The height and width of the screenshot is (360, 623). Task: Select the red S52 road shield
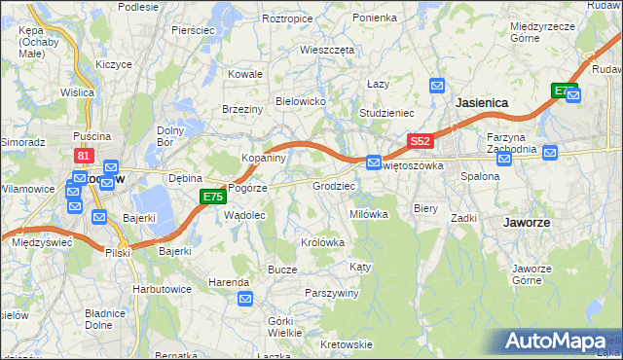[x=420, y=141]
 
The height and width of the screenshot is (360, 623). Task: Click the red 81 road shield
[x=84, y=156]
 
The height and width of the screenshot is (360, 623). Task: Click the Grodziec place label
[x=333, y=185]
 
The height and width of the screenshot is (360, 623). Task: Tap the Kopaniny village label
[x=263, y=158]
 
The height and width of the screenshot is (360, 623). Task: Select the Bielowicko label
[x=300, y=101]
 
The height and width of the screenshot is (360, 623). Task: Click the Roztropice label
[x=287, y=18]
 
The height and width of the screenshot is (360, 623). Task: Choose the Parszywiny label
[x=333, y=293]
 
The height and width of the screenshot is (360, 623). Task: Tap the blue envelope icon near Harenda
[x=244, y=299]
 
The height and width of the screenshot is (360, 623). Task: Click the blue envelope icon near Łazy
[x=437, y=87]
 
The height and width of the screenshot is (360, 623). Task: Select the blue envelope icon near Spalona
[x=503, y=159]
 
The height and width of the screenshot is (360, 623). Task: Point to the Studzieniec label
[x=387, y=113]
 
